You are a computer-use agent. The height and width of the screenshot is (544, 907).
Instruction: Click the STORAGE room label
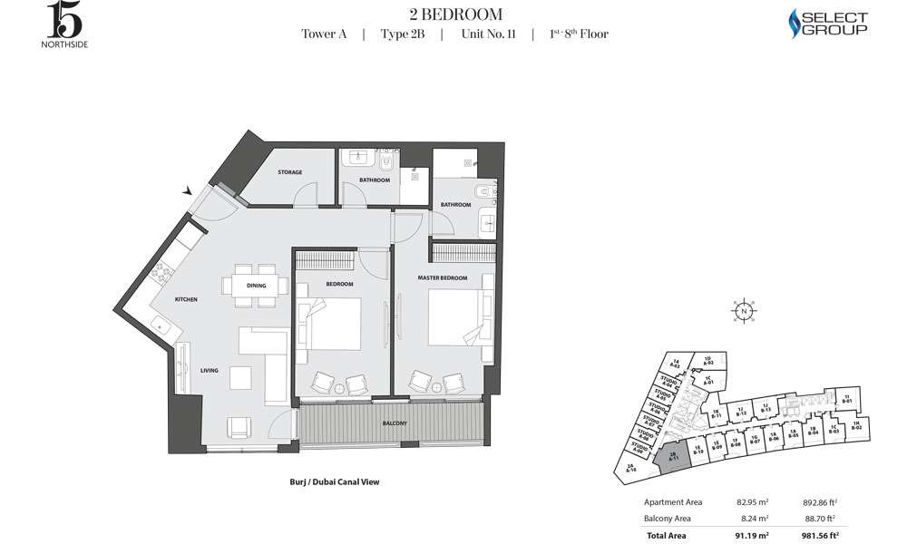(x=290, y=172)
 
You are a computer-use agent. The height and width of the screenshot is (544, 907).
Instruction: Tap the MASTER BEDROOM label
(x=443, y=277)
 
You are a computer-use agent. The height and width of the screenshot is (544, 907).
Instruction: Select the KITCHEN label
(x=186, y=299)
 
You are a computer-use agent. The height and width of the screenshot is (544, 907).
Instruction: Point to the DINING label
(x=256, y=285)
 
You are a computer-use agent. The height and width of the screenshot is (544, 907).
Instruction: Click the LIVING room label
(x=210, y=370)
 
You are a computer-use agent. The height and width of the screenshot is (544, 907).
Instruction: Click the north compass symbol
(x=743, y=311)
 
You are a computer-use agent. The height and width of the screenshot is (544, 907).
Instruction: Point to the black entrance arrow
(x=188, y=191)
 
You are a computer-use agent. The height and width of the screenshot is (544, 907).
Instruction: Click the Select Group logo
(x=828, y=24)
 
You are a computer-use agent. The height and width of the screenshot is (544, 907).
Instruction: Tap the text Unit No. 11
(x=488, y=34)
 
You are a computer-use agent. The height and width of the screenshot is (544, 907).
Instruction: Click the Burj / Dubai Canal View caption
(x=327, y=482)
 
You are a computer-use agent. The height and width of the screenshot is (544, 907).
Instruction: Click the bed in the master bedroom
(x=459, y=317)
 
